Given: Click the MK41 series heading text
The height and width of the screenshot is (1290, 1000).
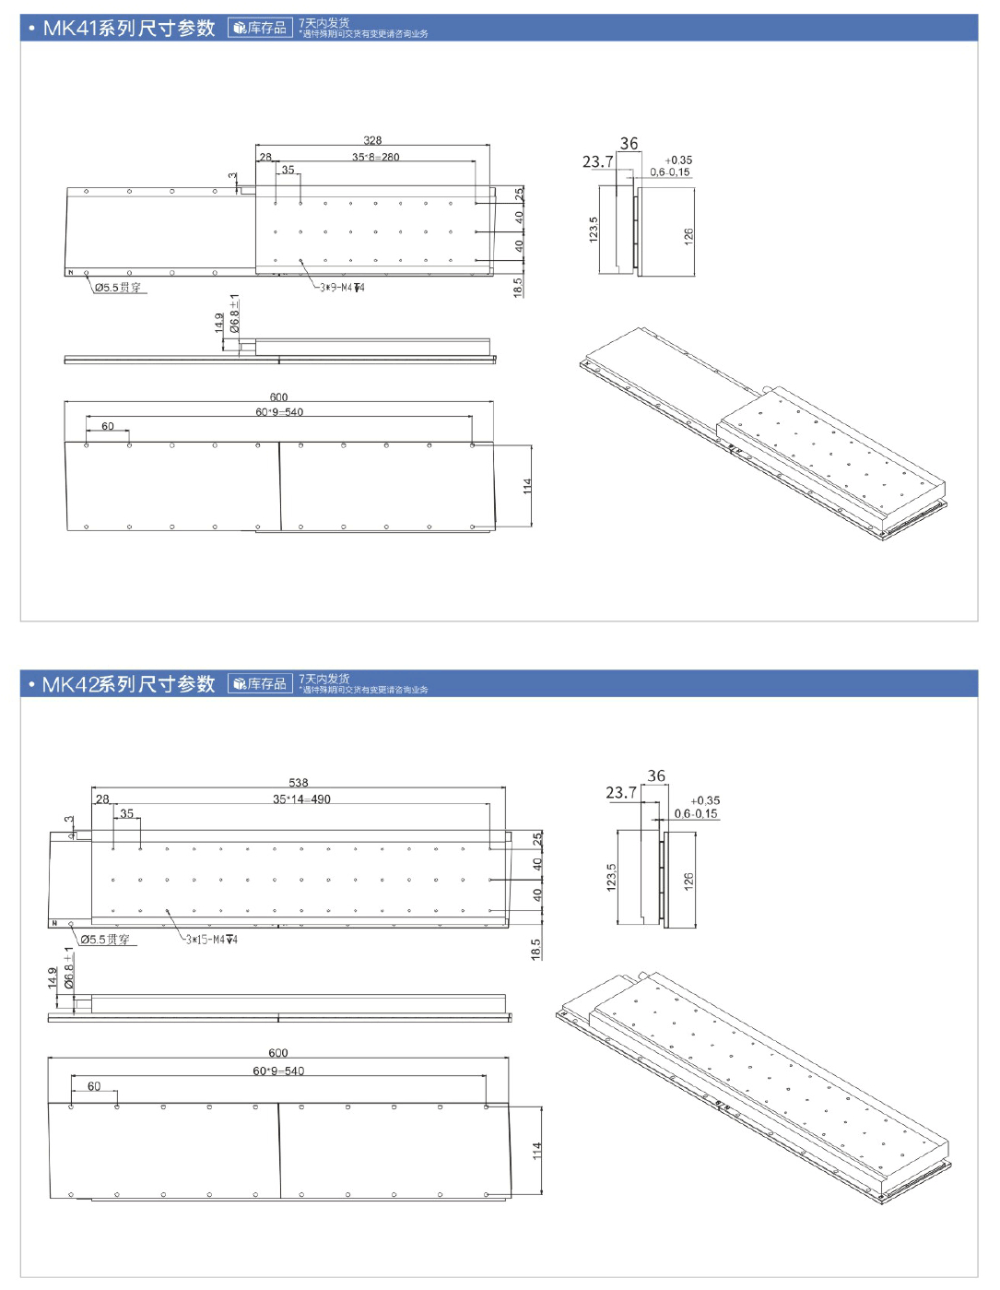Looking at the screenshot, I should (x=128, y=29).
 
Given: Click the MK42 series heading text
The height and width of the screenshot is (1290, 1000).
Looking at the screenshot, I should (x=128, y=684).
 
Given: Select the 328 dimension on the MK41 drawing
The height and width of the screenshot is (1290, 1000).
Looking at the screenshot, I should (x=372, y=140).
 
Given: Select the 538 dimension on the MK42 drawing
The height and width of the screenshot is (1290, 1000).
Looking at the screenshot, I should (x=299, y=783).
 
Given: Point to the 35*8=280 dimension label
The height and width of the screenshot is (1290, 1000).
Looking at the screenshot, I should (x=375, y=157).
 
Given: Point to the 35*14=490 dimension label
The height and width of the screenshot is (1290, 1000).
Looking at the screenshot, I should (x=301, y=799).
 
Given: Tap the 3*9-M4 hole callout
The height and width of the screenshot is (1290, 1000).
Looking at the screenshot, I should (x=341, y=288).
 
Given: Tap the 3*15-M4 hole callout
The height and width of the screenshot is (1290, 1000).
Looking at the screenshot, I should (x=212, y=940).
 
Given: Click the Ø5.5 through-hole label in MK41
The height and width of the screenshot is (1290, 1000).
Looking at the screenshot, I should (x=118, y=288).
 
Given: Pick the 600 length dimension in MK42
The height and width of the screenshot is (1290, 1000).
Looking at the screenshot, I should (x=278, y=1053).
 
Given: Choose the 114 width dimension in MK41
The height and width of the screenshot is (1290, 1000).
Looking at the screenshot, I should (x=527, y=485).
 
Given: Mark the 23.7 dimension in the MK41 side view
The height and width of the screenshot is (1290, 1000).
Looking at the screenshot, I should (x=597, y=162).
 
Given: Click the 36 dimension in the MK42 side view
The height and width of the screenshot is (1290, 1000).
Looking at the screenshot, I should (x=656, y=776).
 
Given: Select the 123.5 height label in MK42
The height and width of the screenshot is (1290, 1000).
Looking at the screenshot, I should (x=611, y=877).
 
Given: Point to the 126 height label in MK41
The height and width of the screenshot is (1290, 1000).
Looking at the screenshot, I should (x=688, y=236).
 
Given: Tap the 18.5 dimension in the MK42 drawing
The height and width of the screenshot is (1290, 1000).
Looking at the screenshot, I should (x=535, y=950).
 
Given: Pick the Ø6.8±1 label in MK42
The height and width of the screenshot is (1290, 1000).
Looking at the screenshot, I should (x=68, y=968).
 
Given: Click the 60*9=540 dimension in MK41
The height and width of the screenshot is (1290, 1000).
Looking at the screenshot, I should (x=279, y=412).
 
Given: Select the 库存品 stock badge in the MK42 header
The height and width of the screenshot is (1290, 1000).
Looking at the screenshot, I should (x=260, y=684).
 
